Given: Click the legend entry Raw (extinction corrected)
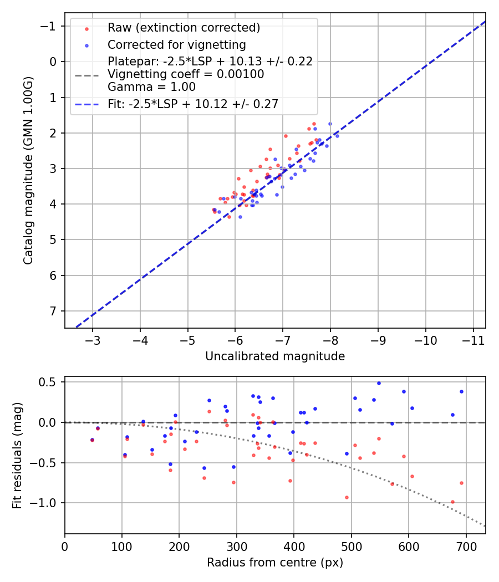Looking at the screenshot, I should pyautogui.click(x=184, y=28).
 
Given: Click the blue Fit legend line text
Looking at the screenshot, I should pyautogui.click(x=193, y=104).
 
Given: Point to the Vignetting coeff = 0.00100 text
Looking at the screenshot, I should pyautogui.click(x=186, y=74).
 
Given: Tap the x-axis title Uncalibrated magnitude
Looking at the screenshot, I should pyautogui.click(x=275, y=356).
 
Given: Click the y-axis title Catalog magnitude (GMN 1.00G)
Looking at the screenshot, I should pyautogui.click(x=28, y=170).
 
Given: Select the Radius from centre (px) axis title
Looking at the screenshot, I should pyautogui.click(x=275, y=563).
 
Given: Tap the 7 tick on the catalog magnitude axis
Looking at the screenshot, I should pyautogui.click(x=53, y=311).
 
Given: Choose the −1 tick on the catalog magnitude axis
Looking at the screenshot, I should pyautogui.click(x=50, y=27).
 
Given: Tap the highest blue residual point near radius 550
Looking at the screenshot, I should pyautogui.click(x=379, y=383).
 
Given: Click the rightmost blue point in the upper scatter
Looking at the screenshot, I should pyautogui.click(x=337, y=136).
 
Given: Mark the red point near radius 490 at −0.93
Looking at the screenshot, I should pyautogui.click(x=347, y=497).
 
